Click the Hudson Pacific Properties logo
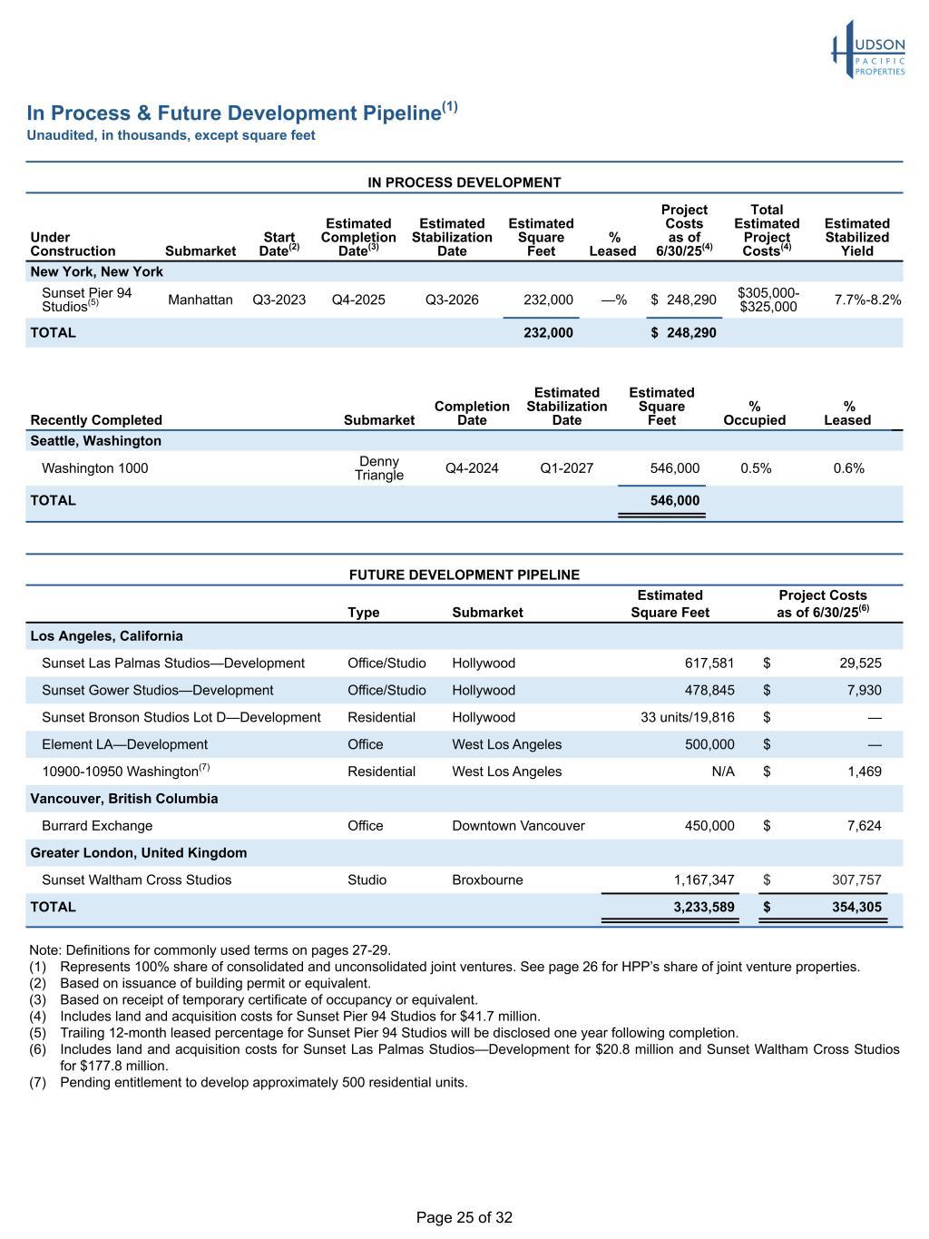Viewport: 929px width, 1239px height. (868, 51)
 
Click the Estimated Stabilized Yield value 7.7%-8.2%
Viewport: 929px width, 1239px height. (867, 300)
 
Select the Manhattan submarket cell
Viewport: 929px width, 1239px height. (200, 300)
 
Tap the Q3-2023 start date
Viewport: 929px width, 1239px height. (279, 300)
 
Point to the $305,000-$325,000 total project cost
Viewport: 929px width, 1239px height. (768, 300)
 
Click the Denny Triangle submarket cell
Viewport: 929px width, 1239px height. (379, 468)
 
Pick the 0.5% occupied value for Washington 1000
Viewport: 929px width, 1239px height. (756, 468)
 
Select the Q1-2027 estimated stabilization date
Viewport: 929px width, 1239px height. (566, 468)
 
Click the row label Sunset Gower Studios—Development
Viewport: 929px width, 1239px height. (157, 690)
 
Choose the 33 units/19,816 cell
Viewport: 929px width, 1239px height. (688, 717)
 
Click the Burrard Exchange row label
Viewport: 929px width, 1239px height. (97, 826)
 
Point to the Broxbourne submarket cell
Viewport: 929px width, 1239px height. (487, 880)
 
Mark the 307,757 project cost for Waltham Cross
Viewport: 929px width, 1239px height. (856, 880)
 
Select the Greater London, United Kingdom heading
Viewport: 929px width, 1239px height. (139, 853)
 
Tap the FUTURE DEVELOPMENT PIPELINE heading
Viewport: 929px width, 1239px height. (464, 575)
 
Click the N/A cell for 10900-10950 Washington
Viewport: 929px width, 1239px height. (723, 772)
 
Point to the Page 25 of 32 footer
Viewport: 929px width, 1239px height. (464, 1217)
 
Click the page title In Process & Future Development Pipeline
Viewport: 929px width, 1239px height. (234, 113)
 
